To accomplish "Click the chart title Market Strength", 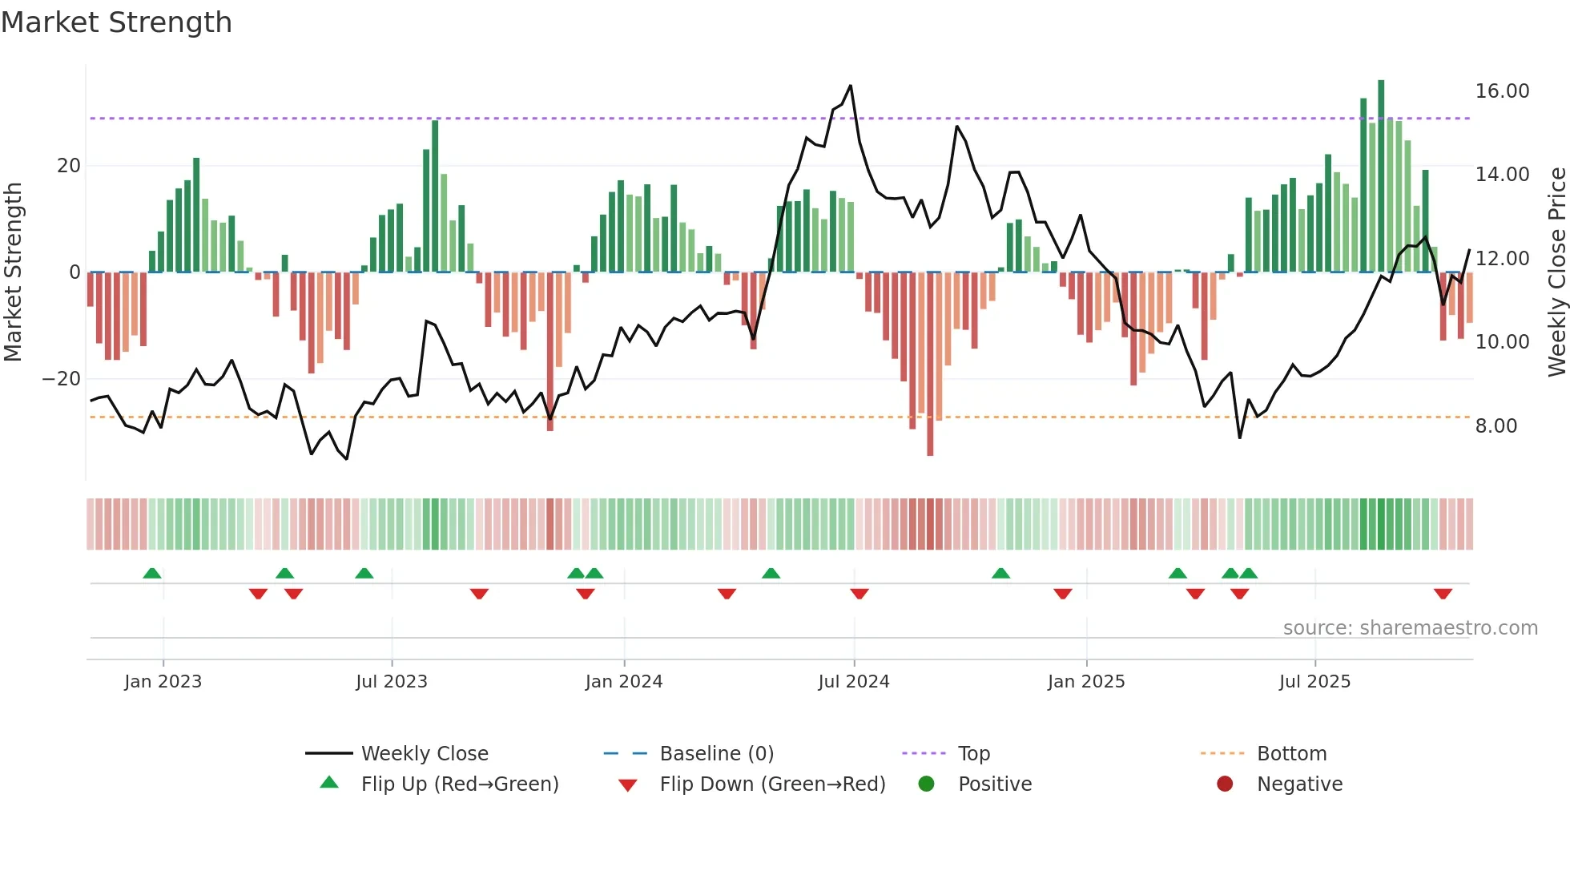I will pos(116,22).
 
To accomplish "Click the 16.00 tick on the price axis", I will pos(1502,91).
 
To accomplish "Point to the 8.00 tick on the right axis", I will pos(1496,426).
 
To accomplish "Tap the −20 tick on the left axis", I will pos(62,379).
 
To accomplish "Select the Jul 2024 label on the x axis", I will pos(853,682).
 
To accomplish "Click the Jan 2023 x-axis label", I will pos(163,682).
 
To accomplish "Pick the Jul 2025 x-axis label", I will pos(1314,682).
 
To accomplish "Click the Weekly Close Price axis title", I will pos(1556,272).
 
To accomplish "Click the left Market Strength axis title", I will pos(13,272).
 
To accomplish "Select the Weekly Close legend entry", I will pos(424,754).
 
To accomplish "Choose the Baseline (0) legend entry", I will pos(716,754).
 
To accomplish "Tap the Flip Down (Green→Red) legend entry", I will pos(771,784).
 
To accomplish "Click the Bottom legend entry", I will pos(1291,754).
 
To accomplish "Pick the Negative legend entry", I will pos(1298,784).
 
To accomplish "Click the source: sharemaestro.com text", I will pos(1410,628).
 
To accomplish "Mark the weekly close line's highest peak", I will pos(851,86).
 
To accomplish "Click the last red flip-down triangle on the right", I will pos(1443,594).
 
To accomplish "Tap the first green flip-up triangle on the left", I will pos(152,573).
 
